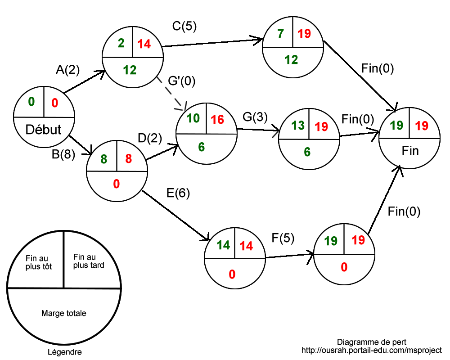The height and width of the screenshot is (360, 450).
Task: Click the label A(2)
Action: (x=67, y=70)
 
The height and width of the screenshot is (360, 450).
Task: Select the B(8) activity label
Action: (x=63, y=155)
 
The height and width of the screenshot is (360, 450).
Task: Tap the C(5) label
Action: (x=184, y=26)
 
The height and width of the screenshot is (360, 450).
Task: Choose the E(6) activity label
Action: (x=178, y=193)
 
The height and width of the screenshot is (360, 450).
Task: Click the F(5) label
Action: (x=283, y=238)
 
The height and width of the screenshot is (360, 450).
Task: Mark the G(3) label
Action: (x=255, y=117)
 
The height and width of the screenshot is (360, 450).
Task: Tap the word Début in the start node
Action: (x=43, y=130)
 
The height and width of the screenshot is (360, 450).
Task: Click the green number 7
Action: (x=280, y=33)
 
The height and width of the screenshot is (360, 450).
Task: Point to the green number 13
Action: (x=297, y=126)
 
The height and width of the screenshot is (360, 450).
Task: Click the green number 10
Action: (x=193, y=118)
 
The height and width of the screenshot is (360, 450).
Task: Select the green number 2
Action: (x=121, y=44)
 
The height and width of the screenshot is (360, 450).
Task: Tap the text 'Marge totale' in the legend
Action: (x=63, y=313)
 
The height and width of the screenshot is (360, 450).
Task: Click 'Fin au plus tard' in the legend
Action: (x=88, y=261)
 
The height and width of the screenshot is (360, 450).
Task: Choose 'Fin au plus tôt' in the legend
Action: (x=39, y=262)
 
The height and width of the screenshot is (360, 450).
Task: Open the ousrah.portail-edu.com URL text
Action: (x=372, y=350)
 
